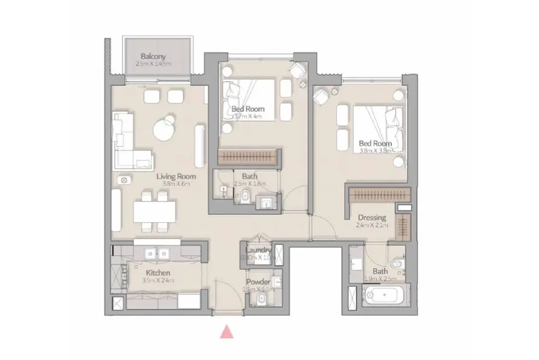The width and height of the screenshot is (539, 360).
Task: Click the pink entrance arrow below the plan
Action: pyautogui.click(x=227, y=331)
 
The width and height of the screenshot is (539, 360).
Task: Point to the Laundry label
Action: pyautogui.click(x=259, y=251)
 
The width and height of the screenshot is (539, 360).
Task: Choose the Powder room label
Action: pyautogui.click(x=258, y=282)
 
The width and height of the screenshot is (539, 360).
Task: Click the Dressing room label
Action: pyautogui.click(x=371, y=217)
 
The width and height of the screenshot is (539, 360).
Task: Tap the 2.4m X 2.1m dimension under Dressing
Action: pyautogui.click(x=371, y=225)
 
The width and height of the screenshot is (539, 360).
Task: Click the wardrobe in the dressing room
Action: pyautogui.click(x=380, y=195)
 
